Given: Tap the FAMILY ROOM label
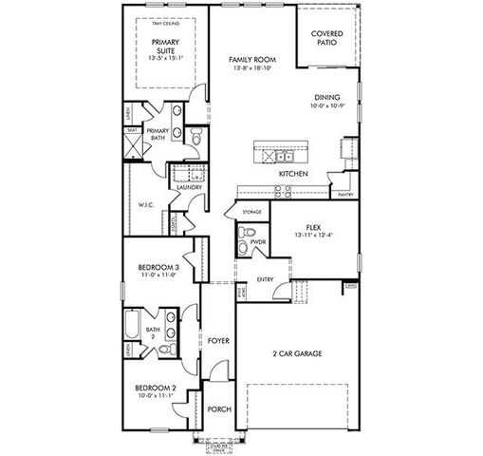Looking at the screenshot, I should click(251, 59).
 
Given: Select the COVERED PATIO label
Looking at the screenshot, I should click(327, 38).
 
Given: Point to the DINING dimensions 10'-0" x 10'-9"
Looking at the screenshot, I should click(328, 105).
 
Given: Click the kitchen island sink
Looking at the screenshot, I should click(281, 156).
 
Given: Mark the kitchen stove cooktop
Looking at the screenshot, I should click(283, 190).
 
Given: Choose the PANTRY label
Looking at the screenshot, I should click(345, 194).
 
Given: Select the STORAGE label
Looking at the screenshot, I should click(251, 211).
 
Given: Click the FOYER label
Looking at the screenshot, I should click(218, 338).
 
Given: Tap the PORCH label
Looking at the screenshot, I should click(219, 409).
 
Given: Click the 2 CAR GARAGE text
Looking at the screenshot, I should click(295, 353).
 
